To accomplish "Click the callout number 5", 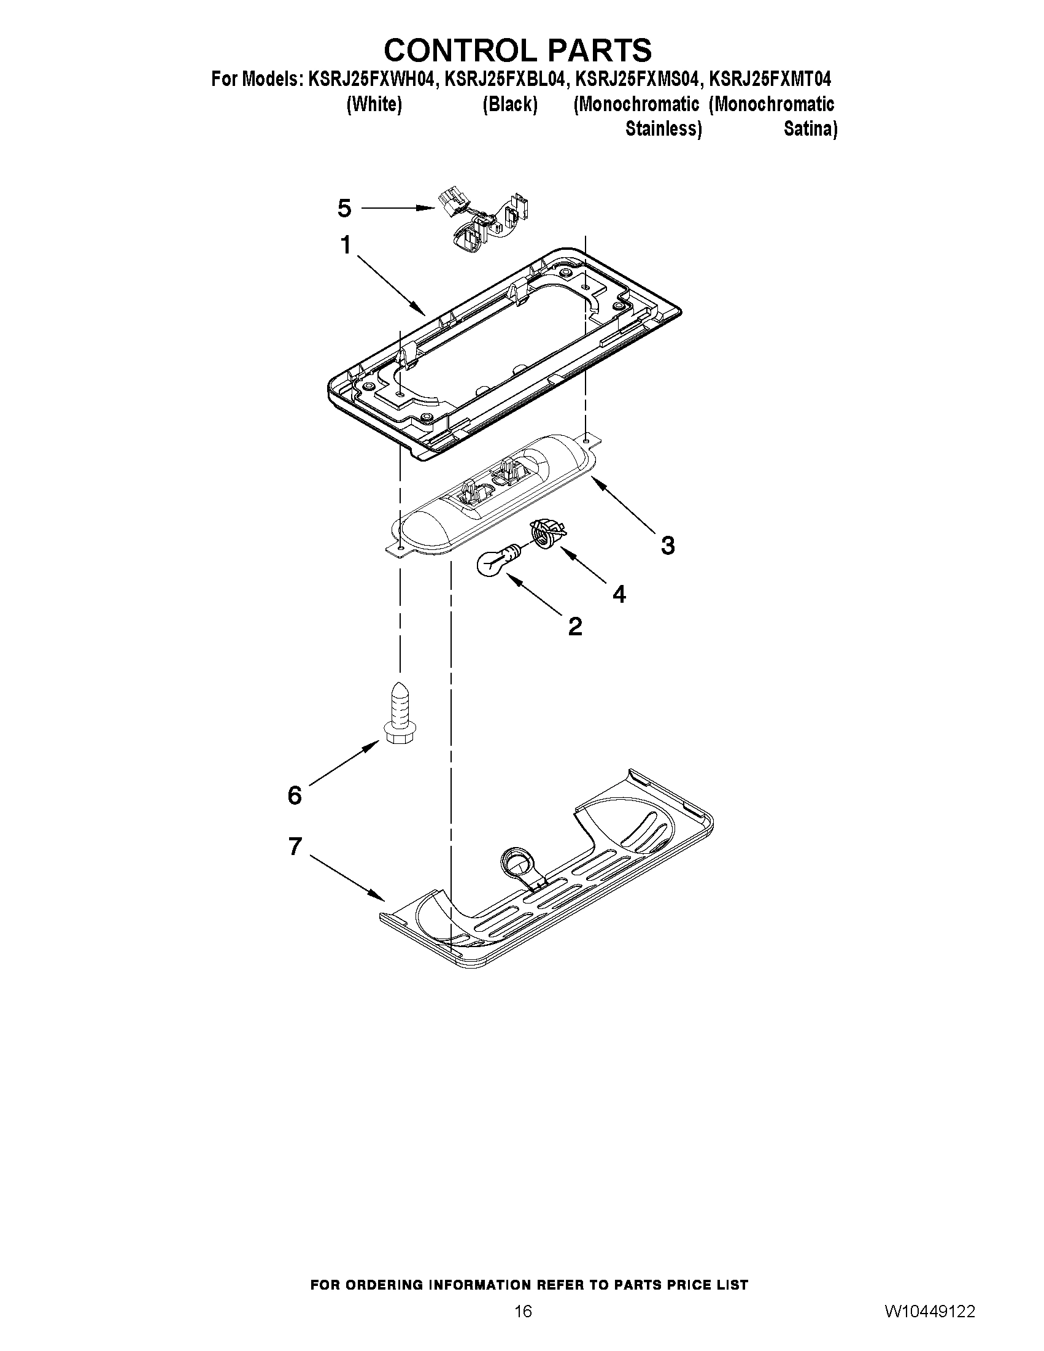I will [x=344, y=209].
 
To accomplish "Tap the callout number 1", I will [x=346, y=246].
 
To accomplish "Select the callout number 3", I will [x=667, y=546].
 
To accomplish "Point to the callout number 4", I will [x=619, y=594].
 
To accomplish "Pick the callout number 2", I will [x=574, y=627].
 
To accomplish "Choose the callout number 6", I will [x=295, y=795].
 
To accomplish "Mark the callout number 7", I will [x=295, y=846].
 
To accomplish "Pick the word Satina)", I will [x=810, y=130].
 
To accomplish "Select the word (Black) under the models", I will [x=509, y=104].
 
